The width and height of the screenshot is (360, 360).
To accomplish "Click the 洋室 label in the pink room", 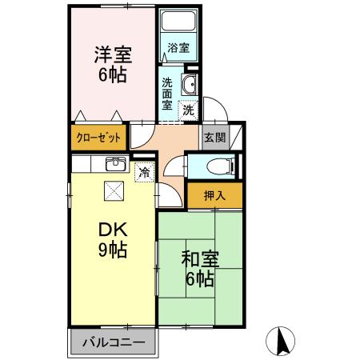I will pyautogui.click(x=113, y=56).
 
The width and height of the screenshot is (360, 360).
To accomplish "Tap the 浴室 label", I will pyautogui.click(x=179, y=48).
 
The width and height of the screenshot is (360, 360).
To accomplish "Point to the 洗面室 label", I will pyautogui.click(x=167, y=94).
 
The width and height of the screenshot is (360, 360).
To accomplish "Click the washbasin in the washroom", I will pyautogui.click(x=190, y=86).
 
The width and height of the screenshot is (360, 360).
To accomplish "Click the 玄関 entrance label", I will pyautogui.click(x=214, y=137).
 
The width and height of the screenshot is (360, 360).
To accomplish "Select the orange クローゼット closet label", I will pyautogui.click(x=99, y=137).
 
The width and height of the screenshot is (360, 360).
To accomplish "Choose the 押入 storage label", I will pyautogui.click(x=212, y=194).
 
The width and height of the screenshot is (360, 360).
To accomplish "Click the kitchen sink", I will pyautogui.click(x=114, y=165).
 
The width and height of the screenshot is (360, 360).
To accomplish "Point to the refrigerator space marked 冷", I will pyautogui.click(x=145, y=171).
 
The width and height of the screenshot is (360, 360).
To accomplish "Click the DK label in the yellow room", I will pyautogui.click(x=113, y=230).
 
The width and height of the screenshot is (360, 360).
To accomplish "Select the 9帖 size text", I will pyautogui.click(x=113, y=250).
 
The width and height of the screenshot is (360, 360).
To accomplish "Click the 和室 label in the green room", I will pyautogui.click(x=199, y=259).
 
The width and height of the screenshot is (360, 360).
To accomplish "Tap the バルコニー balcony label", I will pyautogui.click(x=114, y=342).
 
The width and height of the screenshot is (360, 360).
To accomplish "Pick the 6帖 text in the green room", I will pyautogui.click(x=199, y=279).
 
